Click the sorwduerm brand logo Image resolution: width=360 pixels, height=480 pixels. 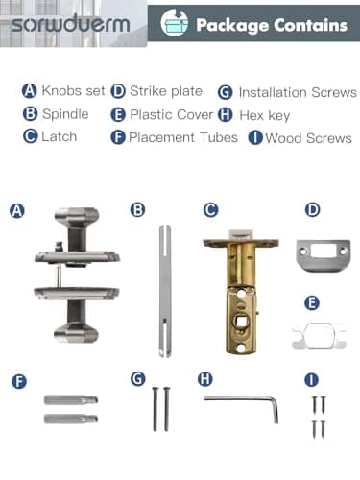pos(71,24)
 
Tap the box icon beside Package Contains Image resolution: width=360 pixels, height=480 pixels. pos(175,23)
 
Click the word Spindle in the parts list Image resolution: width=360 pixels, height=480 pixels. pos(65,114)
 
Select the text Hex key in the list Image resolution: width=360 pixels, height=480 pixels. pos(265,115)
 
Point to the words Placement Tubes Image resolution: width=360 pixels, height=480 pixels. pos(183,137)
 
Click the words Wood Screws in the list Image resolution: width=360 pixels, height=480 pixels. pos(308,138)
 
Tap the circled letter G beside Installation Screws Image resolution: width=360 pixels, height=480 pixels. pos(226,93)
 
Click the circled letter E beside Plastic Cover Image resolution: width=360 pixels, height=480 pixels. pos(118,114)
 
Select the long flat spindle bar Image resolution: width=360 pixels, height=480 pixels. pos(165,291)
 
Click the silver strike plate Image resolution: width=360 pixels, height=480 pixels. pos(324,256)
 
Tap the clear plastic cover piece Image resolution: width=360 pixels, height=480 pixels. pos(319,336)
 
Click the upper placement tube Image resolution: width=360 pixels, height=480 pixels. pos(71,400)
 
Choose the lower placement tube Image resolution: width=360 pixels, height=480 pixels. pos(71,419)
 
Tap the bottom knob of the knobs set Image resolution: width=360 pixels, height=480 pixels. pos(76,333)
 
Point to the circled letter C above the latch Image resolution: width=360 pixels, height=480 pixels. pos(211,210)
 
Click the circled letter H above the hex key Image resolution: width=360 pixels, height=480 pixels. pos(205,379)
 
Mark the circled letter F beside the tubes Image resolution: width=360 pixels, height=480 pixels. pos(19,381)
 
